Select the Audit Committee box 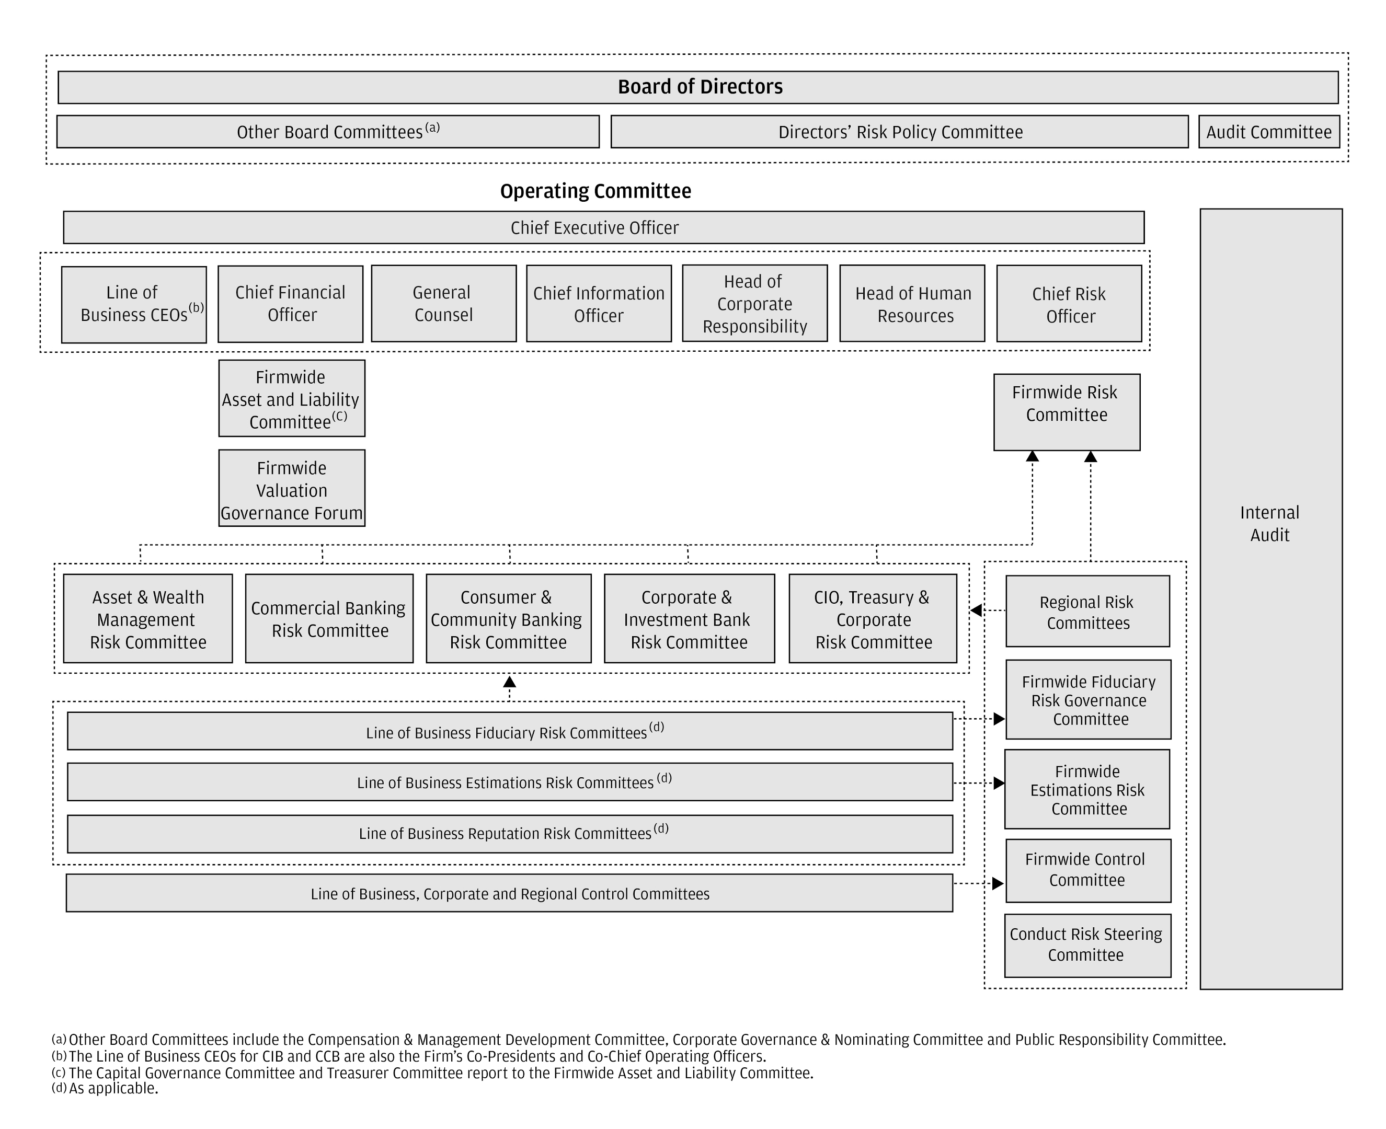click(x=1268, y=132)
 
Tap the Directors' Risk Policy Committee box click(x=899, y=132)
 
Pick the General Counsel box click(x=443, y=304)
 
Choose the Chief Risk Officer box click(x=1069, y=304)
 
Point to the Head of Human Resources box click(x=912, y=304)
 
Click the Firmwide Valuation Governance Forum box click(x=291, y=488)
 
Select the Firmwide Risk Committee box click(x=1066, y=412)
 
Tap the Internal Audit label click(x=1269, y=524)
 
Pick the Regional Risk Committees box click(x=1087, y=612)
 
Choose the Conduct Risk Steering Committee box click(x=1087, y=946)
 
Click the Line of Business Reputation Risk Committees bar click(x=509, y=834)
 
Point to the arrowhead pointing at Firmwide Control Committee click(x=998, y=884)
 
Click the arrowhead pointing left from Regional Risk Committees click(x=976, y=610)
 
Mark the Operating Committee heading click(x=595, y=191)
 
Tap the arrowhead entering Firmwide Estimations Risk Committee click(x=999, y=783)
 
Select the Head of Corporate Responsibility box click(x=754, y=304)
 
